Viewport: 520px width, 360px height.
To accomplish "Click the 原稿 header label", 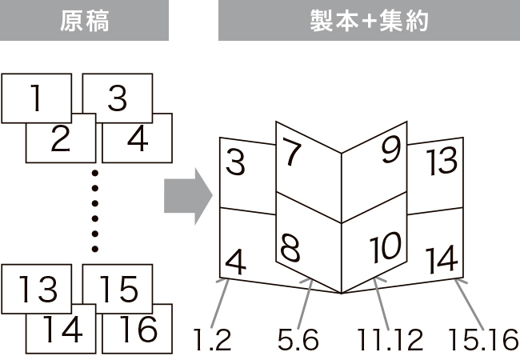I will [x=84, y=22].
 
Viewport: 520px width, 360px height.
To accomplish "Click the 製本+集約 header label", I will [x=369, y=22].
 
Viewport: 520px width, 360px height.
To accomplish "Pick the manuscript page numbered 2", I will [x=60, y=140].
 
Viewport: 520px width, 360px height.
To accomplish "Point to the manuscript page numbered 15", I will [x=118, y=289].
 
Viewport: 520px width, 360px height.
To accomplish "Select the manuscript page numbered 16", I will [x=138, y=329].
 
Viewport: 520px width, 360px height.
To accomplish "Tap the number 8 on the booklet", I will [x=291, y=250].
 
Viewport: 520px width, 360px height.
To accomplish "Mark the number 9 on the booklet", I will [x=390, y=150].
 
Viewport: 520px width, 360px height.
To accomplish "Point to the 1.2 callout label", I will [x=212, y=341].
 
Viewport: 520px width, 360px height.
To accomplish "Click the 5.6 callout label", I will [x=298, y=341].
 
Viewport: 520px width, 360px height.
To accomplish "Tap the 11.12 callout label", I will [x=390, y=341].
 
